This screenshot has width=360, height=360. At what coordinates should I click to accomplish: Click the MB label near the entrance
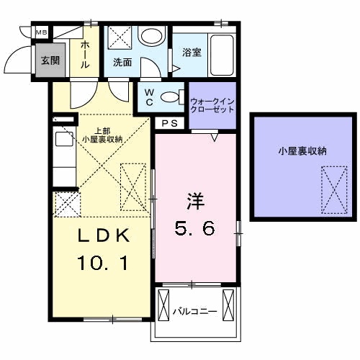point(42,32)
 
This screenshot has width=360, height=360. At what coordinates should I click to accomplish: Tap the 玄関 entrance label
point(50,60)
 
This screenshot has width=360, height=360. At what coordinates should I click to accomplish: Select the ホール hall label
point(85,55)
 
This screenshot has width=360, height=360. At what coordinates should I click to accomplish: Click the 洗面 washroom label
point(122,63)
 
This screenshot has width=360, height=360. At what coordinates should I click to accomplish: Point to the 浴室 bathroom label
point(192,52)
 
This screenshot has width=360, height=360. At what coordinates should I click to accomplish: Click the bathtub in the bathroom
point(222,55)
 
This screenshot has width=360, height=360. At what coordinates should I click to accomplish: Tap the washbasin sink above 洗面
point(152,35)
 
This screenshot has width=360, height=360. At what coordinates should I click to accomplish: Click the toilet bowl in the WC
point(170,97)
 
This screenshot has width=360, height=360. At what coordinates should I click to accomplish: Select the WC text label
point(149,97)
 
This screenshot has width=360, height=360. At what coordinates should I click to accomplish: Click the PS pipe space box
point(170,123)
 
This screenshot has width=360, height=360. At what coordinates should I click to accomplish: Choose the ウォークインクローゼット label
point(212,105)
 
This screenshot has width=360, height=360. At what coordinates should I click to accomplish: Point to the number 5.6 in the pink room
point(194,228)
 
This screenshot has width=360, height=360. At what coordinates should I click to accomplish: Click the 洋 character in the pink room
point(195,201)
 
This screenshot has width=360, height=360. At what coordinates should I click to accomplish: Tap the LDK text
point(104,235)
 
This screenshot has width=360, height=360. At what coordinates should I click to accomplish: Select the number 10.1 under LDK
point(103,263)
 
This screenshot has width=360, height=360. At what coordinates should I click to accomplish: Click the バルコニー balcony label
point(195,312)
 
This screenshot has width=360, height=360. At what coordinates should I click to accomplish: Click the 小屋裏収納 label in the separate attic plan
point(302,151)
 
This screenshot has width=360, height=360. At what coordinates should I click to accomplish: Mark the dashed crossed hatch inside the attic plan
point(334,190)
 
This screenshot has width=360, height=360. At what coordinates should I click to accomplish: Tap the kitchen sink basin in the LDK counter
point(64,139)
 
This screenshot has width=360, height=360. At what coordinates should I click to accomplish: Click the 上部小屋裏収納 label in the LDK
point(102,135)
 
